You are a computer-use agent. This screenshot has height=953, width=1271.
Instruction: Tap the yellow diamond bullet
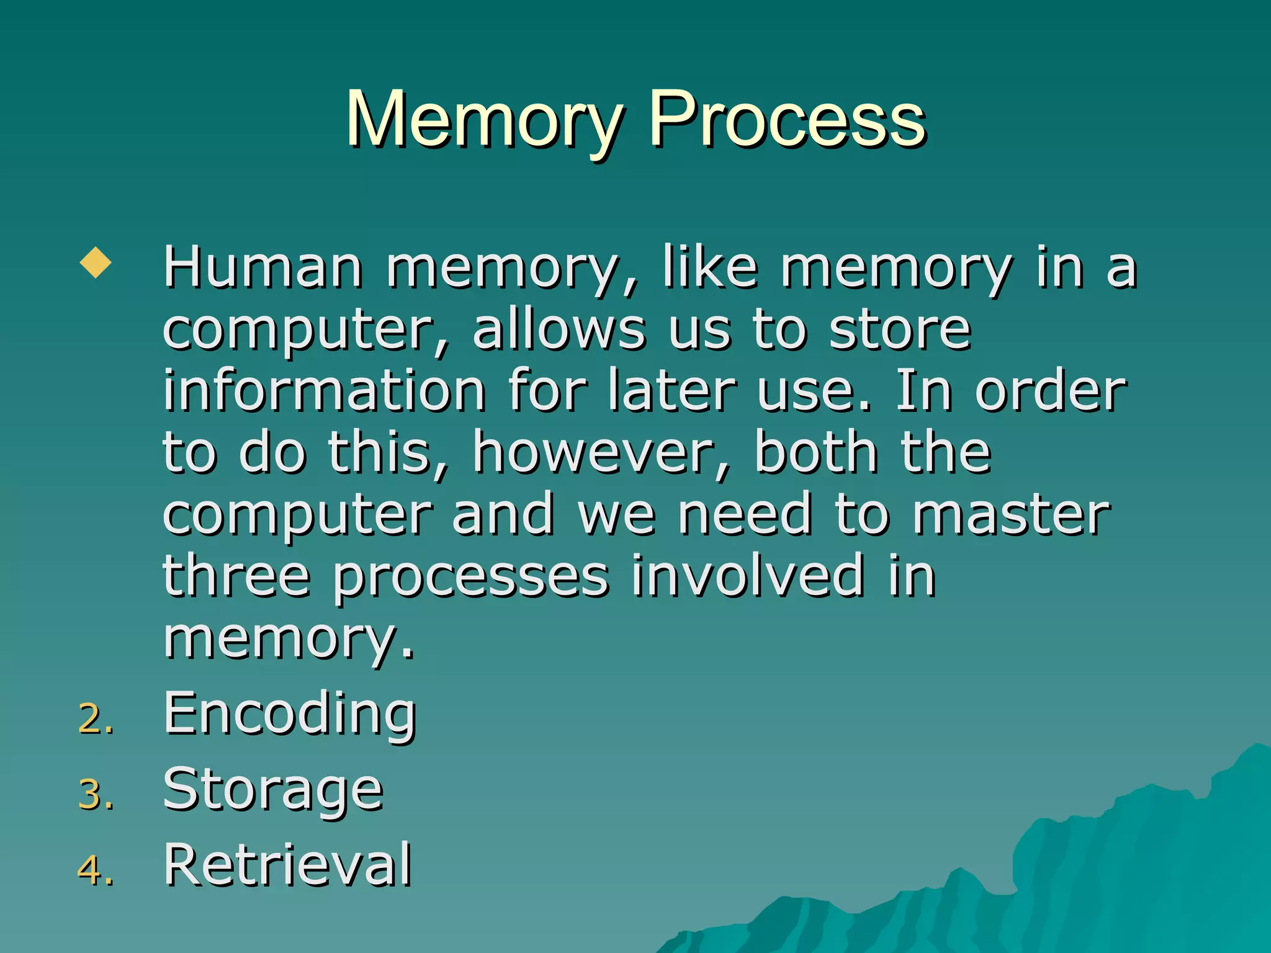tap(96, 262)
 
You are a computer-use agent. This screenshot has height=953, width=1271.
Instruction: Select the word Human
tap(263, 268)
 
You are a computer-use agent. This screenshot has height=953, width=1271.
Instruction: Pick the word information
tap(324, 391)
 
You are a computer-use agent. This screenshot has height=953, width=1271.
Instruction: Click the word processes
tap(470, 578)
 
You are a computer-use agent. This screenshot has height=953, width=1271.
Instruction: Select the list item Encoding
tap(289, 715)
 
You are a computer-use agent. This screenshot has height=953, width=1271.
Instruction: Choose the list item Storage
tap(273, 791)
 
